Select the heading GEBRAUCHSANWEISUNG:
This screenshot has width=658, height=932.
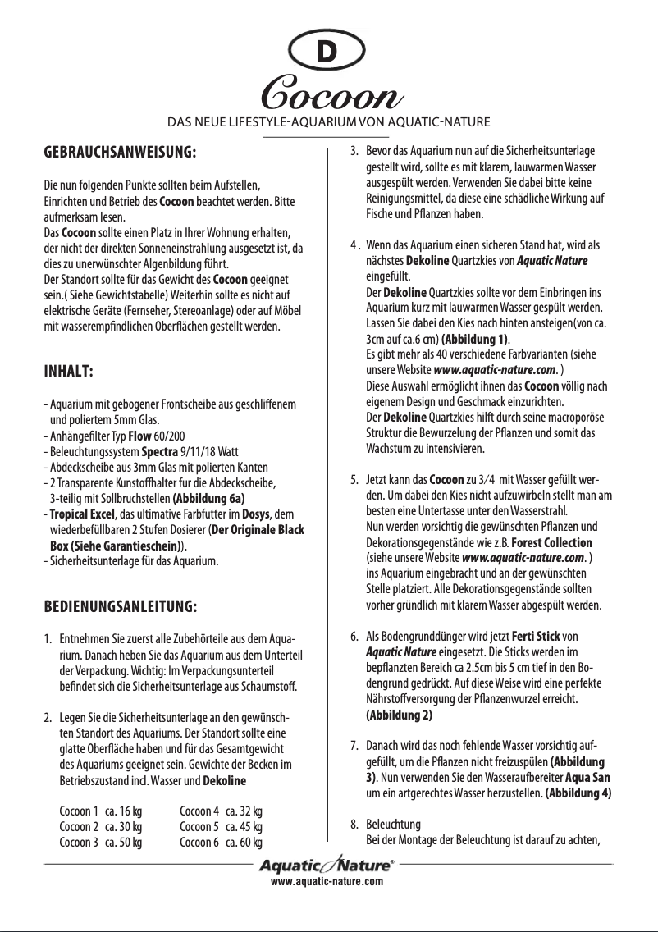[x=120, y=152]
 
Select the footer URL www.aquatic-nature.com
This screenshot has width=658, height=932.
[x=328, y=881]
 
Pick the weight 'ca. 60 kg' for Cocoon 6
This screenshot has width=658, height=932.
[x=244, y=843]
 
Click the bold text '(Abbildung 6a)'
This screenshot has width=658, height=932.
[x=209, y=498]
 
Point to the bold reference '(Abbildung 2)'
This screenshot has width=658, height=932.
[x=399, y=715]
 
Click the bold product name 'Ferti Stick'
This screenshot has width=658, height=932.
[x=537, y=636]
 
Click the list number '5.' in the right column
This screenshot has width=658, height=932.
[x=354, y=479]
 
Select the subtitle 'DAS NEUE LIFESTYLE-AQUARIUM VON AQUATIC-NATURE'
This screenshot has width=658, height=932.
[x=328, y=123]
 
